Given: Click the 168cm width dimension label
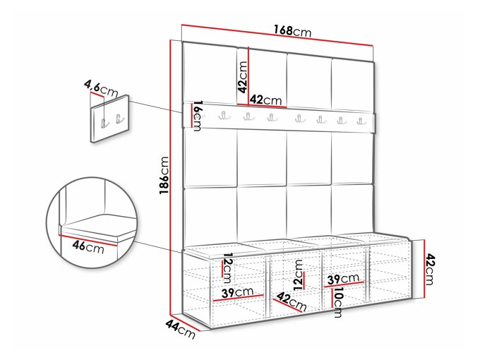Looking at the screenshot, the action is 292,31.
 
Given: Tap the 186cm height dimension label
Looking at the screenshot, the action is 164,175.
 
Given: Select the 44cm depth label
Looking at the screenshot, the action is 180,329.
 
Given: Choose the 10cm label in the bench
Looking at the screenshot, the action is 338,302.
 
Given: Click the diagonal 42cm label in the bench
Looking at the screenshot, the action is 292,301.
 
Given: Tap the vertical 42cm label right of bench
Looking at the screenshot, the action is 430,269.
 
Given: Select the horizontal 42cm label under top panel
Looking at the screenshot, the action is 265,100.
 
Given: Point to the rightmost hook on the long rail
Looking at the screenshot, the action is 361,120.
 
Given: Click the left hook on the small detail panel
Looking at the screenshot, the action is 104,123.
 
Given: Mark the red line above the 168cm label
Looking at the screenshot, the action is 277,35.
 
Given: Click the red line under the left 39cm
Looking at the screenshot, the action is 238,298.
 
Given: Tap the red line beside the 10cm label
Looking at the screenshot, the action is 332,298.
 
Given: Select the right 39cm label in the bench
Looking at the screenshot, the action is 343,278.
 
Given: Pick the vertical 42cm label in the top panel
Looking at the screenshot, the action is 242,77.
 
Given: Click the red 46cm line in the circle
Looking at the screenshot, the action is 88,240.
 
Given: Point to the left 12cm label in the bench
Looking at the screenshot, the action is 228,268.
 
